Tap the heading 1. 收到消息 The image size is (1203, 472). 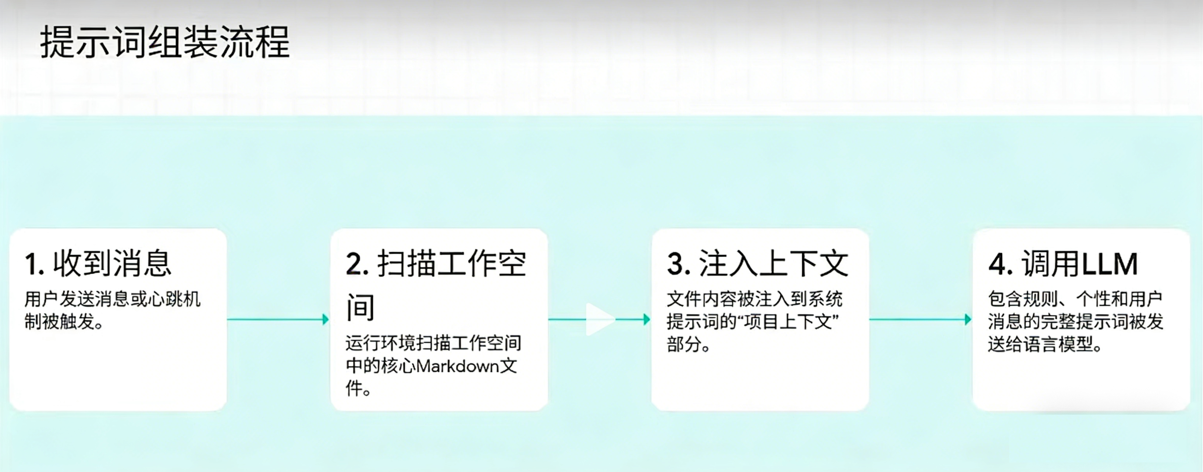pyautogui.click(x=99, y=264)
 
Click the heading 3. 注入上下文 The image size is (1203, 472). pyautogui.click(x=757, y=264)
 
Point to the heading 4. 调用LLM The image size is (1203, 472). pyautogui.click(x=1063, y=264)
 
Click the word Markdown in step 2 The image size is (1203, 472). pyautogui.click(x=457, y=366)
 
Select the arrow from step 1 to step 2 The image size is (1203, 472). pyautogui.click(x=278, y=320)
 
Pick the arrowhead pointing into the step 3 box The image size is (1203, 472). pyautogui.click(x=647, y=320)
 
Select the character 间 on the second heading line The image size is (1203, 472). pyautogui.click(x=360, y=307)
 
